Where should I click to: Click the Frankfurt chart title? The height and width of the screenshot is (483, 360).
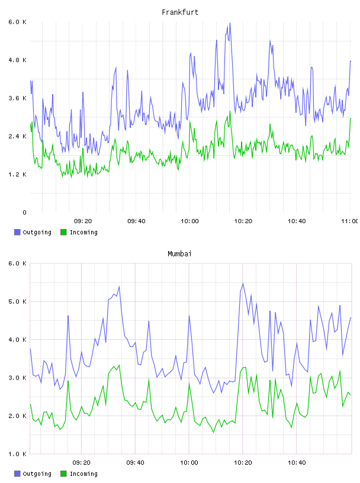(x=180, y=12)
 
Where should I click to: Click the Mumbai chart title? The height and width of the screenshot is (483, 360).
(x=179, y=254)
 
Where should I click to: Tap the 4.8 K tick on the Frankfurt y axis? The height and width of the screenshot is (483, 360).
(x=17, y=60)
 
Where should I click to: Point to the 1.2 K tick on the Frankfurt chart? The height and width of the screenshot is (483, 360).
(x=17, y=175)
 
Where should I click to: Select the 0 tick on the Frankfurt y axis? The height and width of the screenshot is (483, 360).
(x=24, y=212)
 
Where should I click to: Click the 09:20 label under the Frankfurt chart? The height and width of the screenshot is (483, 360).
(x=83, y=221)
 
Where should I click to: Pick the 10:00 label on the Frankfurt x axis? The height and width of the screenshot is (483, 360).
(x=189, y=221)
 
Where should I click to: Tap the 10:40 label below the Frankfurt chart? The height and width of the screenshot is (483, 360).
(x=297, y=221)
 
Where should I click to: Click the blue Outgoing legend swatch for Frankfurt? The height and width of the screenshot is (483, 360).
(x=17, y=232)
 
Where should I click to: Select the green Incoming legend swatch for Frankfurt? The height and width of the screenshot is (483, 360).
(x=63, y=232)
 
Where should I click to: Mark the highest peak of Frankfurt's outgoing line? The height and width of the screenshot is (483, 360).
(x=230, y=23)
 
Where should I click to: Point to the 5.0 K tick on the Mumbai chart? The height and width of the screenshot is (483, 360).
(x=17, y=301)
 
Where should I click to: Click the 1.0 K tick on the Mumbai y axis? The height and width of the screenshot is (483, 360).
(x=17, y=454)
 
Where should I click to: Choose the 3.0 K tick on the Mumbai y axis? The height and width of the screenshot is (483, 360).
(x=17, y=378)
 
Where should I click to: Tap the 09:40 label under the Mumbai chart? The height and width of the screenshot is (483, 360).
(x=136, y=463)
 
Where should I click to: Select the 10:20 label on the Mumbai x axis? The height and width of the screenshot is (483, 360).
(x=243, y=463)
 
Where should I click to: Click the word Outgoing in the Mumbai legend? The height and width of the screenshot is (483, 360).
(x=37, y=474)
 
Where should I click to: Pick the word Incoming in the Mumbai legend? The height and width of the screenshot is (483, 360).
(x=83, y=474)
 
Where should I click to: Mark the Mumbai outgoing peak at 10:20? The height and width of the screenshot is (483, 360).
(x=243, y=283)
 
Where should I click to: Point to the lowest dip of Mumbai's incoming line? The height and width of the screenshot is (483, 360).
(x=213, y=433)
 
